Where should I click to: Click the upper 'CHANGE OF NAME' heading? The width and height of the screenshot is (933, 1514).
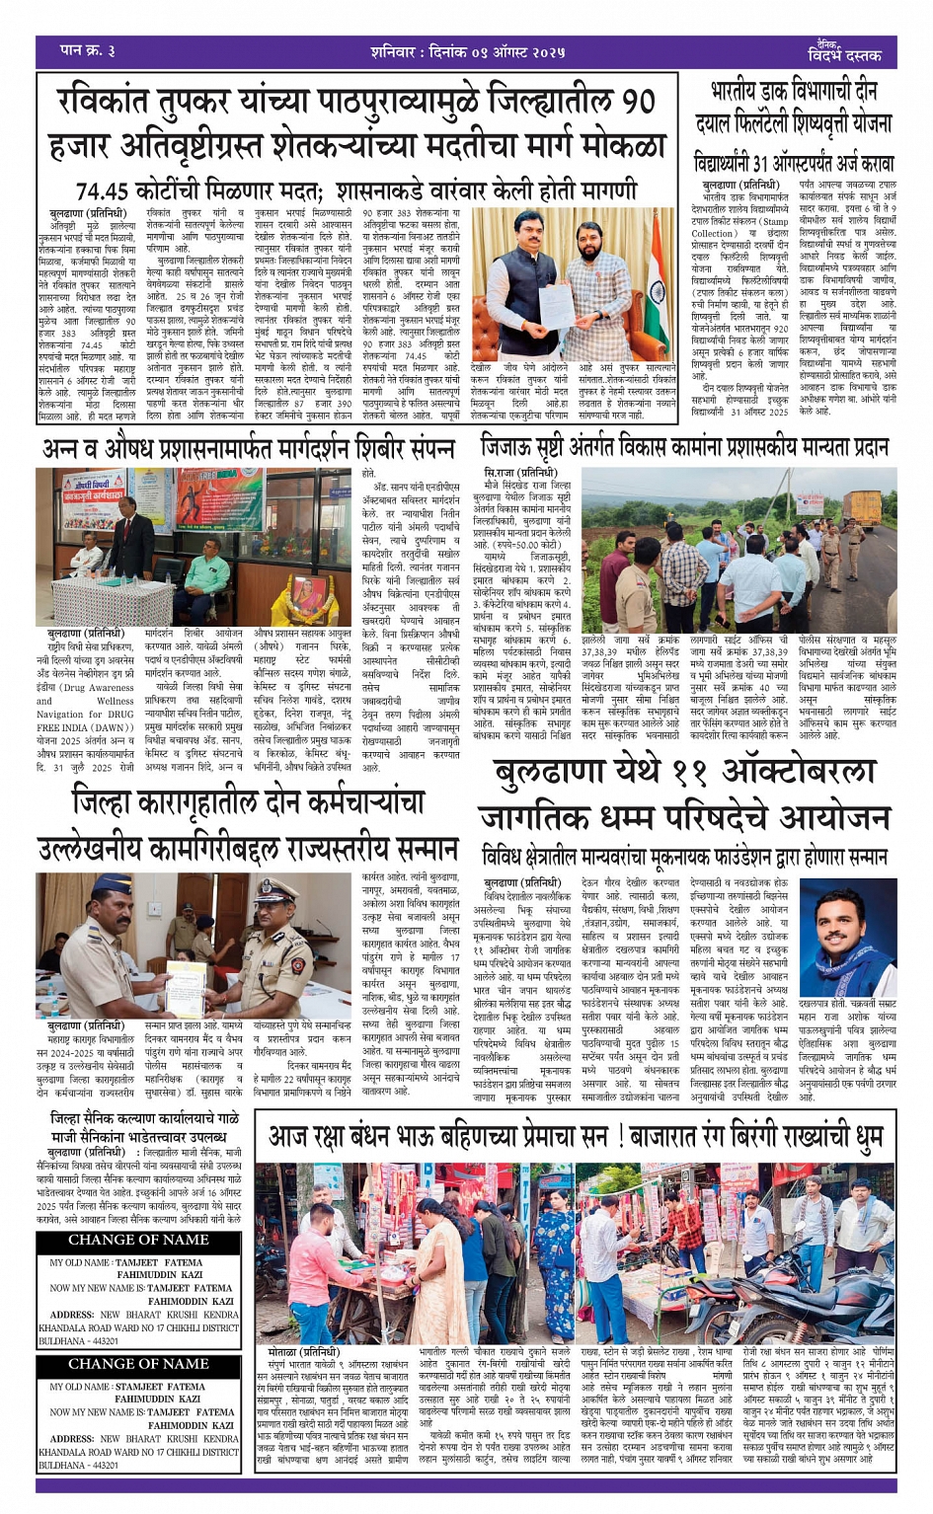[138, 1241]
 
